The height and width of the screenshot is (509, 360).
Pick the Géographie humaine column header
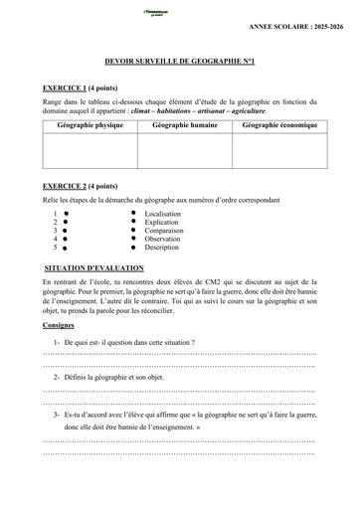186,126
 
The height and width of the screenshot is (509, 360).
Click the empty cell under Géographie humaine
186,150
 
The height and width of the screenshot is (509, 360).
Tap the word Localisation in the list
163,214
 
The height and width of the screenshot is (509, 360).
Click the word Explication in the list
162,222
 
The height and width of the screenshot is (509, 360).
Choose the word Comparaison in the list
164,231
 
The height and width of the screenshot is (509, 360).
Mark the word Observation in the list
163,239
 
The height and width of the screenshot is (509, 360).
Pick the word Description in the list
162,248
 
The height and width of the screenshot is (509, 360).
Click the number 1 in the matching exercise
54,214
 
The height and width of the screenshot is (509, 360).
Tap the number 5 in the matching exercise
54,248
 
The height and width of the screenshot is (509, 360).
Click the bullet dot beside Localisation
133,214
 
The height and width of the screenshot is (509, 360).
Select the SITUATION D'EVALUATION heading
95,268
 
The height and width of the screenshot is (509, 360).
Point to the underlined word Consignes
59,325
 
